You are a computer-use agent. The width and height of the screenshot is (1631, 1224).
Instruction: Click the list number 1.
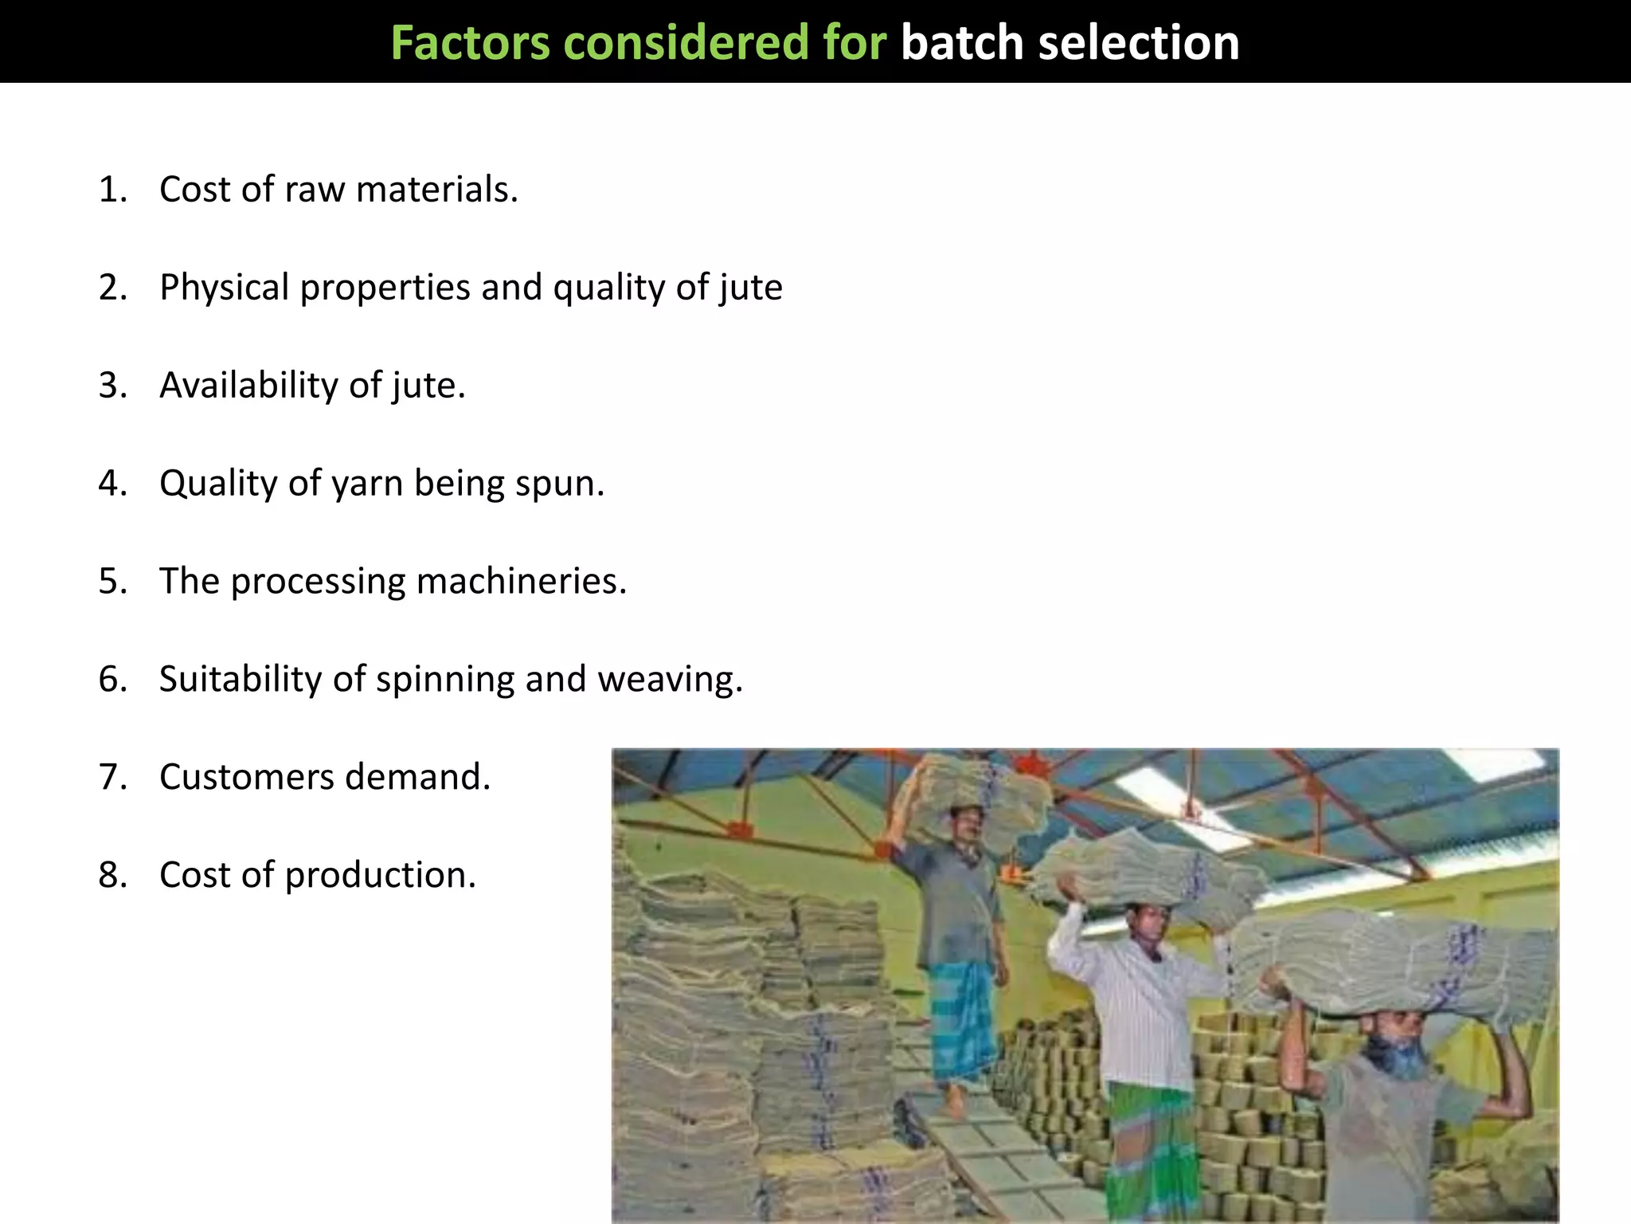point(112,190)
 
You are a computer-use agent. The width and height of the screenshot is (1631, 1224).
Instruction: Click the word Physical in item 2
point(225,288)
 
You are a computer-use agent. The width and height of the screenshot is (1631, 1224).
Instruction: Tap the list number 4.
point(112,484)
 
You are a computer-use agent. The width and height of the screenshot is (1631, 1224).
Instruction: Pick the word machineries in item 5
point(522,582)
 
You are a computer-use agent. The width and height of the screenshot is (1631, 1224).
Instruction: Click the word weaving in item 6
point(669,680)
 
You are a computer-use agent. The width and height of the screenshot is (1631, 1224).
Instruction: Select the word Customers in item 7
point(246,777)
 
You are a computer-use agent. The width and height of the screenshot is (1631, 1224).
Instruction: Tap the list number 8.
point(112,875)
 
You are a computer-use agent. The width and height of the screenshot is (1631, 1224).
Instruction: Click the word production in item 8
point(380,876)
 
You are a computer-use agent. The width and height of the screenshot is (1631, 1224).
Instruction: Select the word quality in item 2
point(609,288)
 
